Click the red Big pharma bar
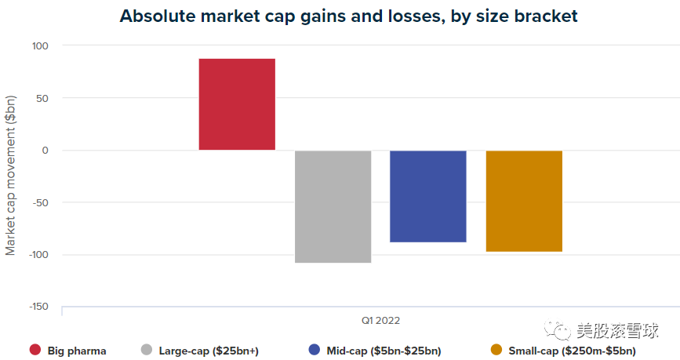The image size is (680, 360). (237, 104)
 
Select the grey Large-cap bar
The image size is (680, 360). (333, 206)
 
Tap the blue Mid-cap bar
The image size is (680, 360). (428, 196)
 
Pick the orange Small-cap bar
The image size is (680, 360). (524, 201)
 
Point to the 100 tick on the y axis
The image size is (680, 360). (39, 46)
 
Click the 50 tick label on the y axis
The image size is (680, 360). (42, 98)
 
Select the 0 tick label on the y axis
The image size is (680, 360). (45, 151)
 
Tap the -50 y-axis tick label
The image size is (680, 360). (40, 202)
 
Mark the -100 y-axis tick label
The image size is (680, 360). (38, 254)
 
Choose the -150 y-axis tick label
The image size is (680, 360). (38, 307)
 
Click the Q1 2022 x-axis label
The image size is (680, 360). (380, 320)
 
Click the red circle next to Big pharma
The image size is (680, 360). (35, 351)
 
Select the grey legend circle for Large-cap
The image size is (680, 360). (146, 351)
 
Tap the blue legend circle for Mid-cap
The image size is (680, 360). (315, 351)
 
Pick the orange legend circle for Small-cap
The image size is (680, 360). (495, 351)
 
